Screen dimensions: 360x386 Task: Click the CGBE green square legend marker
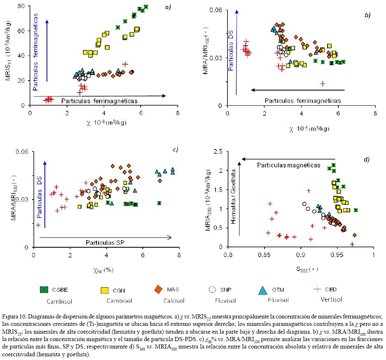click(x=43, y=290)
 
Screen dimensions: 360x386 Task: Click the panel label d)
click(x=366, y=159)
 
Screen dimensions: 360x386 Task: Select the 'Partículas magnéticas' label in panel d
click(x=289, y=165)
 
